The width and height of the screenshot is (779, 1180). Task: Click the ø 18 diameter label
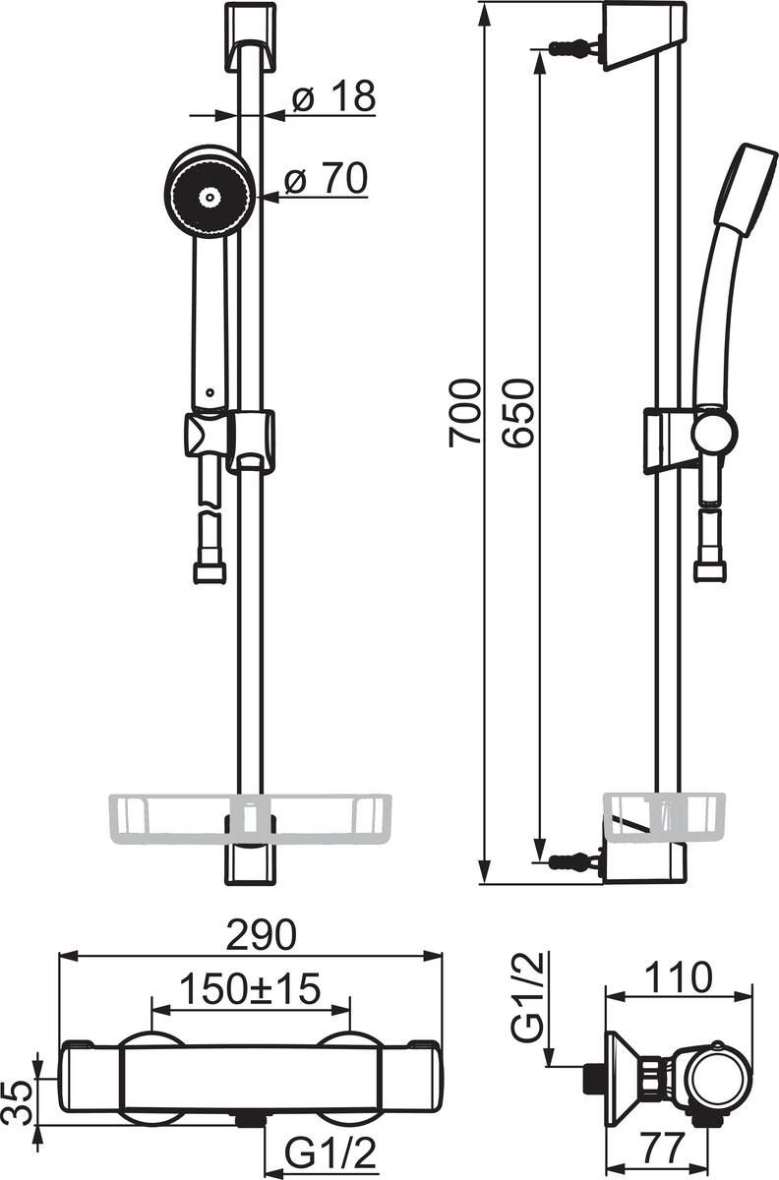[334, 96]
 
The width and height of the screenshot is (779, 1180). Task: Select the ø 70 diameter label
[326, 178]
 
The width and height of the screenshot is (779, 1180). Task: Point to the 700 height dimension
[465, 412]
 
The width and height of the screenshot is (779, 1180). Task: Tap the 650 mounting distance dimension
[518, 412]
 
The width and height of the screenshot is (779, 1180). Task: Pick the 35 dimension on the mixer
[19, 1103]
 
